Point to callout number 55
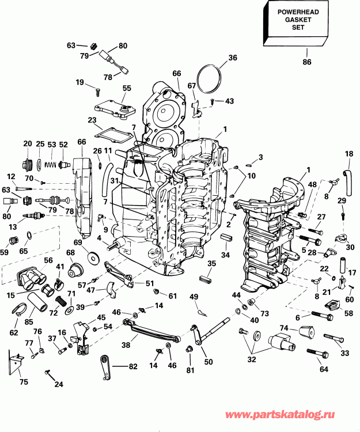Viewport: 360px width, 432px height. tap(127, 88)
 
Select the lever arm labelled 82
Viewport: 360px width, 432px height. tap(107, 364)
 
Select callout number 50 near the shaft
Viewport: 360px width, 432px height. tap(208, 361)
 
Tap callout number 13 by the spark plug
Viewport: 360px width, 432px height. tap(12, 226)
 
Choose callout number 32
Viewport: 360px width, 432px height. tap(251, 359)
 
